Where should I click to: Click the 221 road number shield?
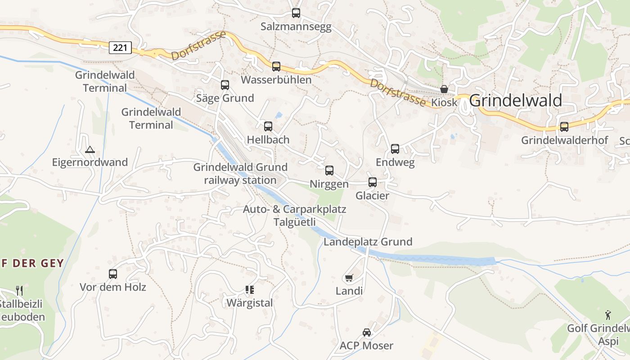(120, 47)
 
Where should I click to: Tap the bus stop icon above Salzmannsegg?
(296, 13)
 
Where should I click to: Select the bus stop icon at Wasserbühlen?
(276, 67)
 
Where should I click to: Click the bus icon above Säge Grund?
(225, 85)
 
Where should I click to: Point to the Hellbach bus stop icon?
(268, 126)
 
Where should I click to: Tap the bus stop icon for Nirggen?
(329, 171)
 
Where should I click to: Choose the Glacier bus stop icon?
(373, 182)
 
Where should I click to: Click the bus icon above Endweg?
(395, 149)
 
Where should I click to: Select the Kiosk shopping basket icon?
(444, 89)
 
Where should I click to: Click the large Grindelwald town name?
(515, 101)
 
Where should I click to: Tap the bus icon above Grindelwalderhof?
(564, 127)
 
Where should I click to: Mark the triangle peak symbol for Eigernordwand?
(90, 149)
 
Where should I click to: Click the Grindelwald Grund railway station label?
(240, 174)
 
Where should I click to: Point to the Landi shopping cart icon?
(349, 278)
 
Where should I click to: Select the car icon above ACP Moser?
(367, 333)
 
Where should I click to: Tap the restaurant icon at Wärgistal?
(250, 290)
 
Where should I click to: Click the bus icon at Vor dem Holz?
(113, 274)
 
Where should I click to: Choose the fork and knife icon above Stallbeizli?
(19, 290)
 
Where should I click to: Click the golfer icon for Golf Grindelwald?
(608, 315)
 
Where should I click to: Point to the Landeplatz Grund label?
(368, 242)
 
